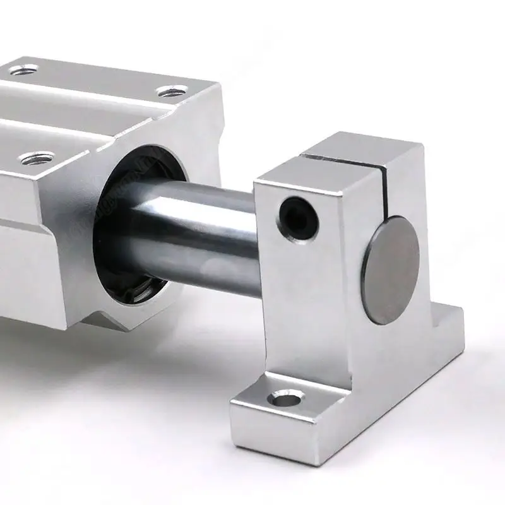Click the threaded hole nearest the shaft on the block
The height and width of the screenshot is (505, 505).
170,92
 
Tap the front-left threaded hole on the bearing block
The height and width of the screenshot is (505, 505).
30,156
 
